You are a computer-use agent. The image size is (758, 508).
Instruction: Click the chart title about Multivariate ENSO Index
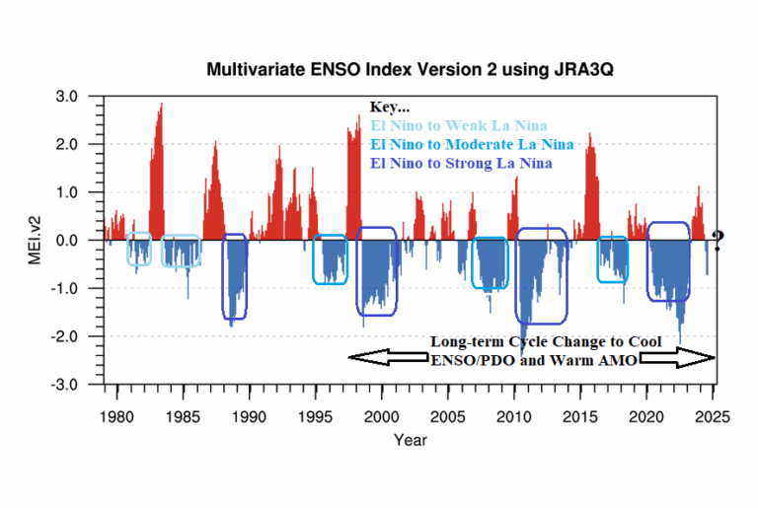(403, 70)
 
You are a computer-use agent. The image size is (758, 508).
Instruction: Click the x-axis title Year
(410, 439)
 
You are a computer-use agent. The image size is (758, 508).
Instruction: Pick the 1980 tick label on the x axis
(116, 414)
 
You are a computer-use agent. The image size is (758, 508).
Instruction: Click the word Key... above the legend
(390, 107)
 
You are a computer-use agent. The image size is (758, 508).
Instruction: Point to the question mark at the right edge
(718, 240)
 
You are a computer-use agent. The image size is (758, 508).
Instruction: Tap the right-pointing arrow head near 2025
(703, 360)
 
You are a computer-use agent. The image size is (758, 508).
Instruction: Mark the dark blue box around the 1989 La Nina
(235, 276)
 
